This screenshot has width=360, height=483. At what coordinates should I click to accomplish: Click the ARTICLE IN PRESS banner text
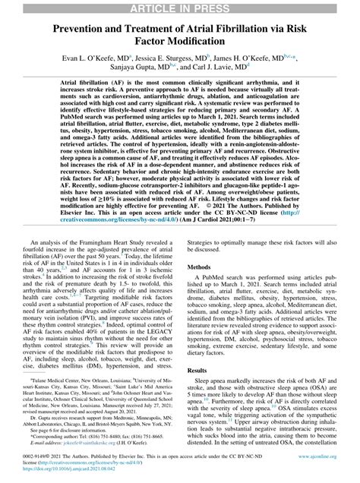point(180,8)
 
